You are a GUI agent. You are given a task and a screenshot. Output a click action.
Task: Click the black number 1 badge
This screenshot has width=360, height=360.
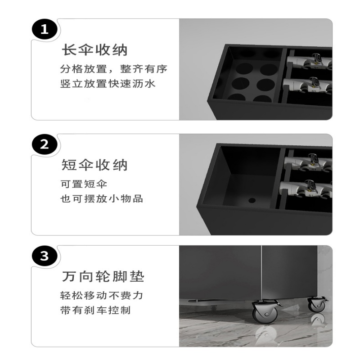point(44,29)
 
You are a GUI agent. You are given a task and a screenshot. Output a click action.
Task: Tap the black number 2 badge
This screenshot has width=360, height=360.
point(44,144)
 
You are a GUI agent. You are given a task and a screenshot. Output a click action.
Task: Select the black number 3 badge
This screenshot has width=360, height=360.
point(44,256)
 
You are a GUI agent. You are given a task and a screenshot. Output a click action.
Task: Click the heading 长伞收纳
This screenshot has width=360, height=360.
point(94,49)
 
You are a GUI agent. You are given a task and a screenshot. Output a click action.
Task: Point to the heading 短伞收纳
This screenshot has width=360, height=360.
point(94,165)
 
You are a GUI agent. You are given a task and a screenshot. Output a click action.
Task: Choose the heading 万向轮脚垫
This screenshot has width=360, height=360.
point(103,276)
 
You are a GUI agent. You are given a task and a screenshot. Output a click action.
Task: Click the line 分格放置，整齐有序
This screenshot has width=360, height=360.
point(114,69)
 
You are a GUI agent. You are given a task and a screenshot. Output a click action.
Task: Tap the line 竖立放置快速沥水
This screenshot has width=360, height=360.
point(108,84)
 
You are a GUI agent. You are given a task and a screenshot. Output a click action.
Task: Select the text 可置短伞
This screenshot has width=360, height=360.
point(84,184)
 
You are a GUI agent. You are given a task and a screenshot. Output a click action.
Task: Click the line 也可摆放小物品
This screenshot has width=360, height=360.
point(102,198)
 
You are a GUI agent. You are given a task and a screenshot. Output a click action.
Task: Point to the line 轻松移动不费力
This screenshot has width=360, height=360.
point(102,296)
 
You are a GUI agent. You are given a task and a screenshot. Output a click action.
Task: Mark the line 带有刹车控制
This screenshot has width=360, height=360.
point(95,310)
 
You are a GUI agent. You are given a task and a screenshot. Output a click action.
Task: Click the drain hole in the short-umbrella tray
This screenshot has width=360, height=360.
point(252,200)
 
